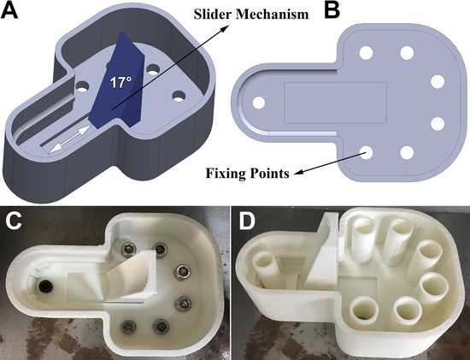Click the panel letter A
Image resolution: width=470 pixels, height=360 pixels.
pos(9,11)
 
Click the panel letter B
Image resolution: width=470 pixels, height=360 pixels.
pos(332,11)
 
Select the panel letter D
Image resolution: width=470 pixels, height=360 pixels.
pos(246,221)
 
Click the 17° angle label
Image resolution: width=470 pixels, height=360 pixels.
pos(120,82)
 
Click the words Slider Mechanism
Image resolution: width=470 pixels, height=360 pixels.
pos(251,14)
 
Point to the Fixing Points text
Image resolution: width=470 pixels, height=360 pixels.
pos(248,174)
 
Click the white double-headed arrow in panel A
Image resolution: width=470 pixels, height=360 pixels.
pos(70,139)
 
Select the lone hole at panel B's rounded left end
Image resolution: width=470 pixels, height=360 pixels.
pos(259,103)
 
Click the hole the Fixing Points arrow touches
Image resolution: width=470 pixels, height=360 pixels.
pos(366,152)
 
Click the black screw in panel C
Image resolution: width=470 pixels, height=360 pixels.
pos(46,286)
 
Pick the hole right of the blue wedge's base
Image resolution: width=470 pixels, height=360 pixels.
pos(179,96)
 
